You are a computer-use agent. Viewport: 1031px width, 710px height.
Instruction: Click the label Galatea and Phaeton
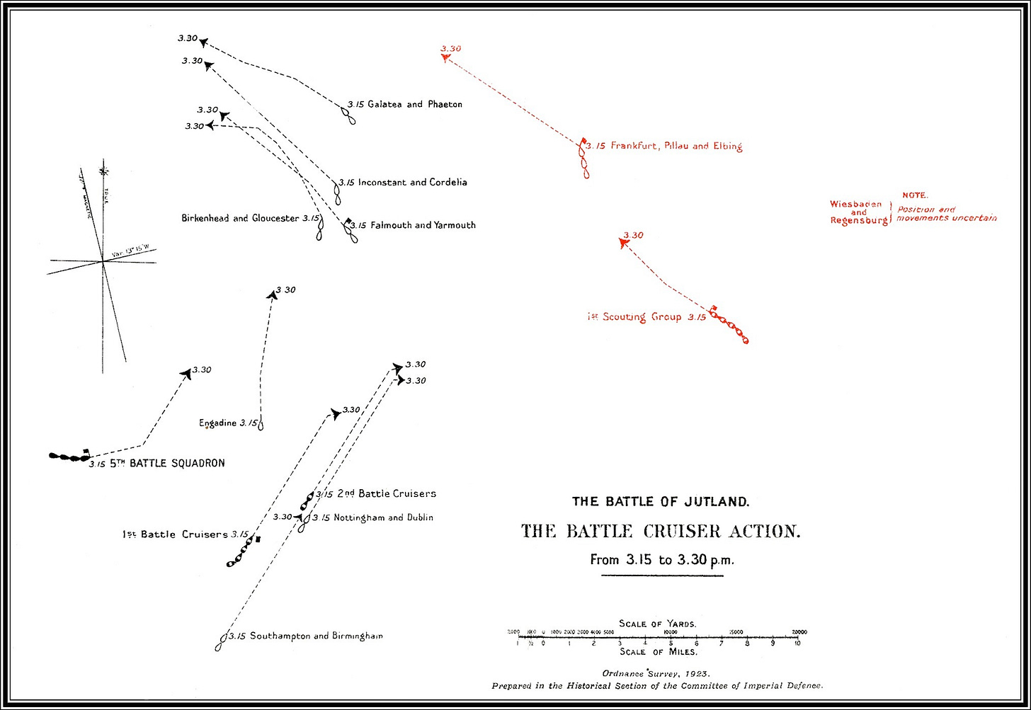pyautogui.click(x=414, y=104)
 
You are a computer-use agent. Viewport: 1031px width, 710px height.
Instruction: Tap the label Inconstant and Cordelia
pyautogui.click(x=412, y=182)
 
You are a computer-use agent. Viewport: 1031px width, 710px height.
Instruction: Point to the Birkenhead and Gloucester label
pyautogui.click(x=241, y=218)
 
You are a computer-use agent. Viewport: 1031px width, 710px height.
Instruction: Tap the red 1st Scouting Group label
pyautogui.click(x=627, y=317)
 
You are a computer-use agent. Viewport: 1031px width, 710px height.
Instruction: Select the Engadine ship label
pyautogui.click(x=218, y=423)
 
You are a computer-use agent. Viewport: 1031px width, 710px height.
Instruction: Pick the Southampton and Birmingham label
pyautogui.click(x=316, y=636)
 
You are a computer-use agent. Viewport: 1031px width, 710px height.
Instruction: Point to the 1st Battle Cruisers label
pyautogui.click(x=174, y=534)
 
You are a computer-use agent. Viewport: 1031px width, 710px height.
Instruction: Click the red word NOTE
pyautogui.click(x=915, y=195)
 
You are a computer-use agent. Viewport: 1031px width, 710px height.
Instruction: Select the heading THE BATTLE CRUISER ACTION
pyautogui.click(x=661, y=531)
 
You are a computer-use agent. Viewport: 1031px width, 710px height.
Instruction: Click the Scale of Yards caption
pyautogui.click(x=657, y=624)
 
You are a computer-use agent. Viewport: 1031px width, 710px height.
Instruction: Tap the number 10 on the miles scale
pyautogui.click(x=797, y=643)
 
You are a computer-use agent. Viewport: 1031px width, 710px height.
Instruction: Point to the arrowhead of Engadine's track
pyautogui.click(x=272, y=295)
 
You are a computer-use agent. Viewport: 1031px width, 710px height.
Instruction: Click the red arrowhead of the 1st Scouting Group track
pyautogui.click(x=624, y=244)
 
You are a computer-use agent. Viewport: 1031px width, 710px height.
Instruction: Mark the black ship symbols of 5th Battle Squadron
pyautogui.click(x=69, y=457)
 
